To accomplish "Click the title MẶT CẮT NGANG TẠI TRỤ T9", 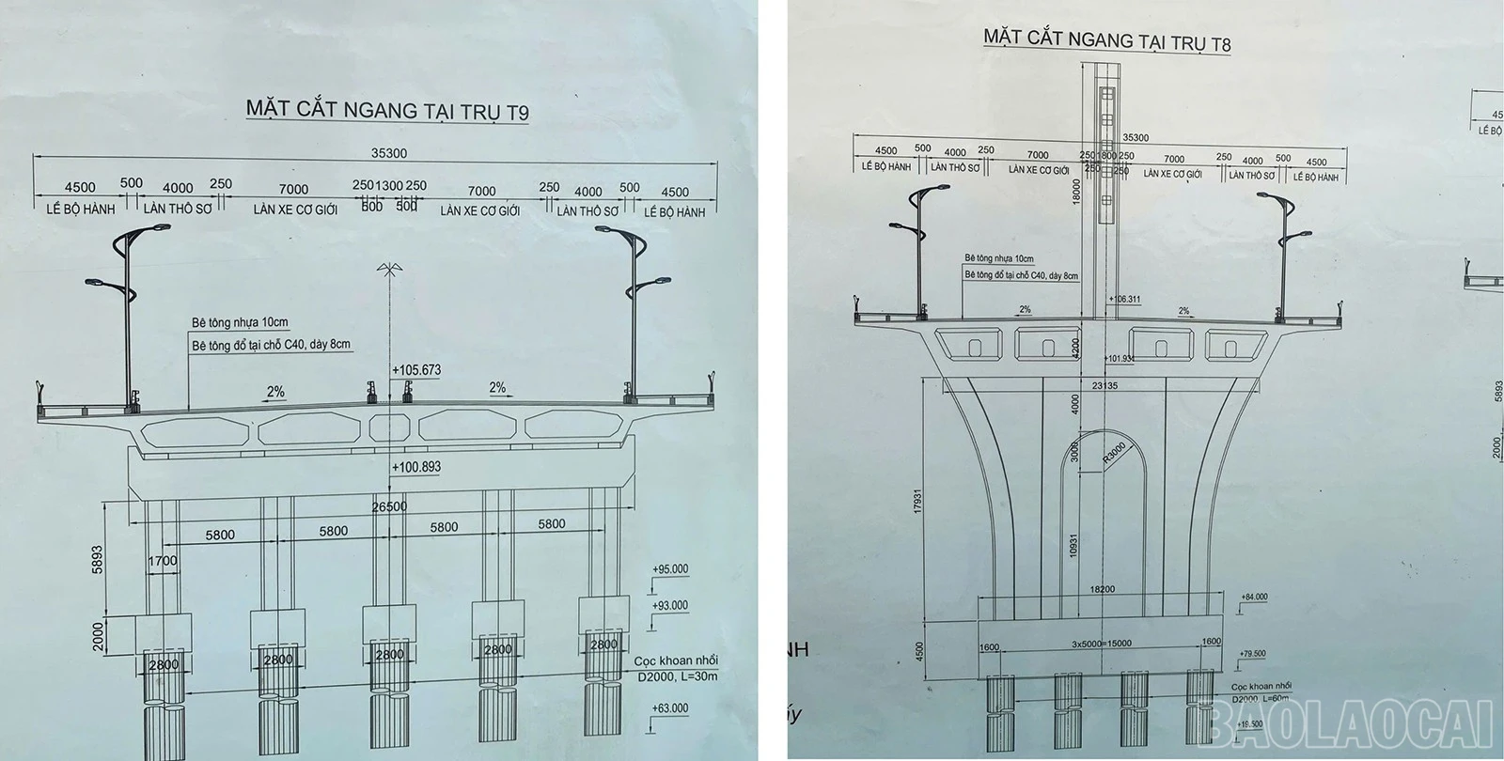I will [387, 108].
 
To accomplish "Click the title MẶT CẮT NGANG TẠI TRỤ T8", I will [1106, 39].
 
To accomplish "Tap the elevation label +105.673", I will [418, 370].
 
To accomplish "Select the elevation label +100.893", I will [418, 467].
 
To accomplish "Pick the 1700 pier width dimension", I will [162, 561].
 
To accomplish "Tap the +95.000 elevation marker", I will [669, 569].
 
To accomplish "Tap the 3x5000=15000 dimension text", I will [1101, 644].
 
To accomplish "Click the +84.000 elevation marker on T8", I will [1254, 597].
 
